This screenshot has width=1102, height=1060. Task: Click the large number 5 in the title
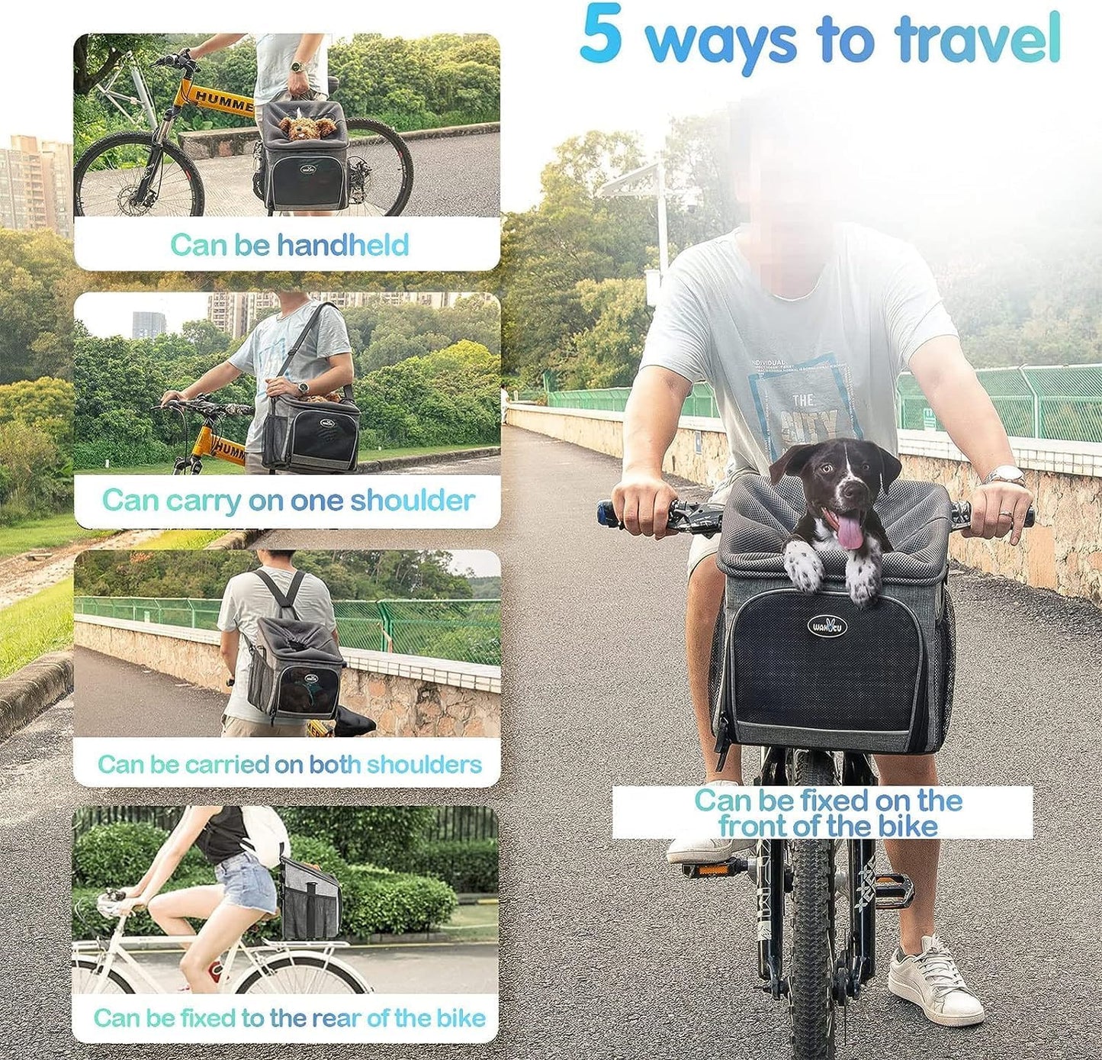tap(601, 35)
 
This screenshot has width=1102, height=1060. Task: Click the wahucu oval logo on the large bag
tap(827, 627)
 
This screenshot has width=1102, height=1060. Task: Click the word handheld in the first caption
tap(342, 245)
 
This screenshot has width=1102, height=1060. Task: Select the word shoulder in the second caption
tap(412, 501)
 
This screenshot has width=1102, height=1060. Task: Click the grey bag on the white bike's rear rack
tap(310, 900)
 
